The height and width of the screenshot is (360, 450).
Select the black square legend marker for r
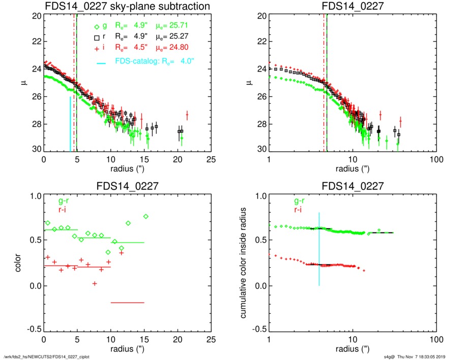tap(97, 38)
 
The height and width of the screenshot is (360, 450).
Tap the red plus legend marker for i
tap(97, 49)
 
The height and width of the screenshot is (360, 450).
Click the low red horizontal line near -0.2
tap(128, 303)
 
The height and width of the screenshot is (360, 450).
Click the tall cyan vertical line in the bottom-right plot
tap(319, 249)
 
